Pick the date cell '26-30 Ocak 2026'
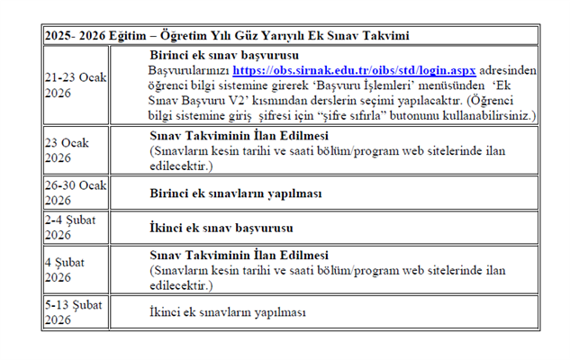coord(75,193)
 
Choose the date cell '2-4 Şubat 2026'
coord(70,226)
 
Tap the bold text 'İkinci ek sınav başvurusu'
coord(219,226)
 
